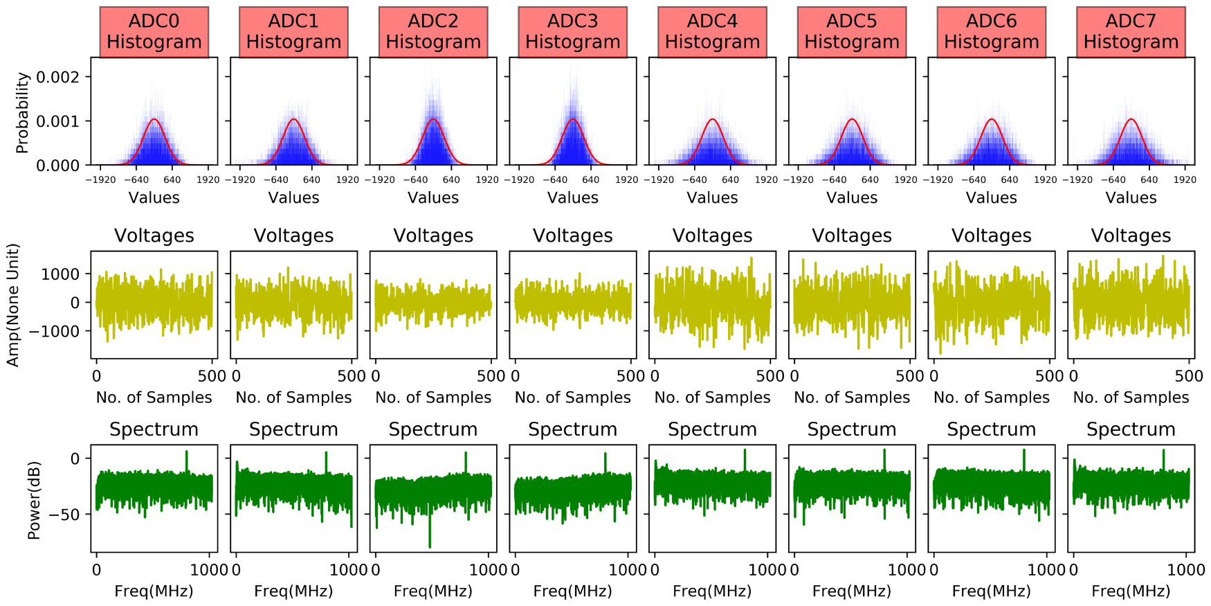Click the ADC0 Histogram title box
[154, 32]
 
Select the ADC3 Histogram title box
[572, 32]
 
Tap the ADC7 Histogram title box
[1131, 32]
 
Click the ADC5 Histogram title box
[851, 32]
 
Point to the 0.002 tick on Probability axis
[57, 77]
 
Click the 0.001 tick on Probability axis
[57, 121]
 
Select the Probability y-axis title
[22, 112]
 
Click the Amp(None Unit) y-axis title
[12, 305]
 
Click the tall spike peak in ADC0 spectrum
[186, 452]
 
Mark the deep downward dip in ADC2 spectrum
[430, 546]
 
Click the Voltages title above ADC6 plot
[991, 235]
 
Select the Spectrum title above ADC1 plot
[293, 429]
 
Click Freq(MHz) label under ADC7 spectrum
[1131, 591]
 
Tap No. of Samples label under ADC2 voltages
[433, 398]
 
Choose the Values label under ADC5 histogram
[851, 197]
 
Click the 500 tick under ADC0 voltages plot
[211, 376]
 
